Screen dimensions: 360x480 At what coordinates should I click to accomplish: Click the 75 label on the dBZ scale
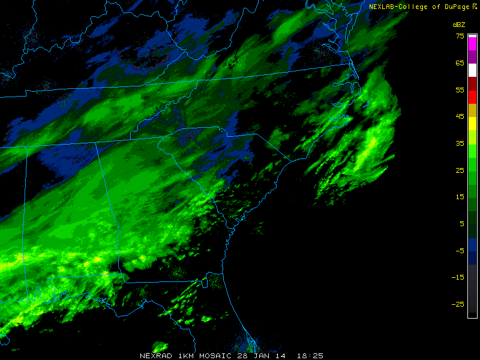(460, 36)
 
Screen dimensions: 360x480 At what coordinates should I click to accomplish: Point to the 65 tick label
(460, 63)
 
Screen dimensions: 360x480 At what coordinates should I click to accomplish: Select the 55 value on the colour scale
(460, 89)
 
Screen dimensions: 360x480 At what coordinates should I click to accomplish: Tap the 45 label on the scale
(460, 116)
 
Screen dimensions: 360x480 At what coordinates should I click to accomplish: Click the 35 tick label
(460, 143)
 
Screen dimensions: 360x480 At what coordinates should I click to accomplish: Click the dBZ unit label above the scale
(459, 25)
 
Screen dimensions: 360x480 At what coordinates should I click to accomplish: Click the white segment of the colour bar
(473, 70)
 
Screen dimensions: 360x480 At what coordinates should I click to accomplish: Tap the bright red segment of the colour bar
(473, 96)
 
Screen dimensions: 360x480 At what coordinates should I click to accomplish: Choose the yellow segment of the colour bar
(473, 123)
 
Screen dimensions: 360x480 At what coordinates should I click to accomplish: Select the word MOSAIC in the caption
(214, 355)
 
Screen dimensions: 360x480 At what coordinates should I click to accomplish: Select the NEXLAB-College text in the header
(397, 7)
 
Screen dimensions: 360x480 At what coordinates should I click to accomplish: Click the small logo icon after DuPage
(474, 6)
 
